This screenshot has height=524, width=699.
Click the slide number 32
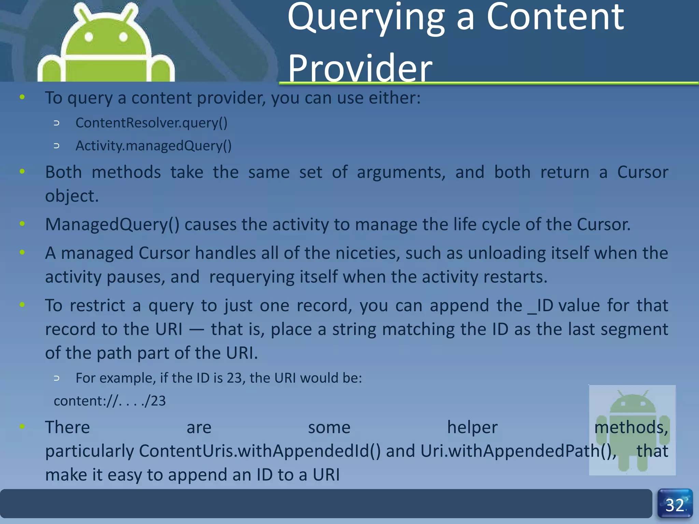[x=675, y=505]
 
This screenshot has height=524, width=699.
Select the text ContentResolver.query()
[x=151, y=122]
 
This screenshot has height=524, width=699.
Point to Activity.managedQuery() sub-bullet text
[x=154, y=146]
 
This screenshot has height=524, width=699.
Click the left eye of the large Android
[x=89, y=37]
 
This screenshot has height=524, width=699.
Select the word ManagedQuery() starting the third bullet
[x=112, y=224]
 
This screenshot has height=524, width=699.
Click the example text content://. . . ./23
[x=110, y=401]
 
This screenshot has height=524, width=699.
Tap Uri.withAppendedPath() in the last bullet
[x=518, y=451]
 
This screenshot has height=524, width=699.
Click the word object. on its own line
[x=72, y=196]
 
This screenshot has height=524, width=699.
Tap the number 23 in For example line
[x=234, y=378]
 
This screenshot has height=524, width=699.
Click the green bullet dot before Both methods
[x=22, y=171]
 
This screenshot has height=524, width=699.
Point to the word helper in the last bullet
[x=472, y=427]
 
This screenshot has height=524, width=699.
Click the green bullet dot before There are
[x=22, y=426]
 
